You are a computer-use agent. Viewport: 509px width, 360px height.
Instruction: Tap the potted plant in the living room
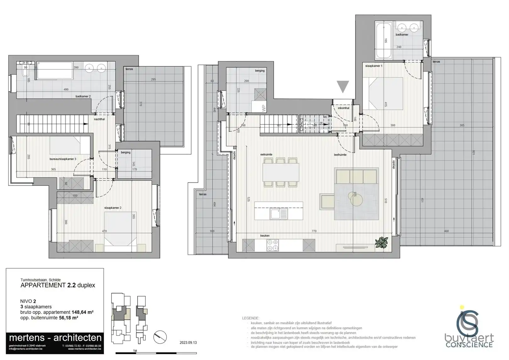coord(381,242)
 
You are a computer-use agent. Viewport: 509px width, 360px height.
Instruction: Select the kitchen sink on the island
coord(279,214)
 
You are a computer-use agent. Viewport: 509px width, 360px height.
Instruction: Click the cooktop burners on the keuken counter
coord(272,245)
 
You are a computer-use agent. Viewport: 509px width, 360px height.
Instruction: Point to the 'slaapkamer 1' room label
coord(374,66)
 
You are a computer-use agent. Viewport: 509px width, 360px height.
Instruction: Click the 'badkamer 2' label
coord(83,96)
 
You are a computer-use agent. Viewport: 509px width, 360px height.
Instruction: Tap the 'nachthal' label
coord(99,119)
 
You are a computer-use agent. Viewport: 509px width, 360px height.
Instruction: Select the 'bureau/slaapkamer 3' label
coord(63,159)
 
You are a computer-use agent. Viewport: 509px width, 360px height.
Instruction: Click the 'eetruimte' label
coord(266,155)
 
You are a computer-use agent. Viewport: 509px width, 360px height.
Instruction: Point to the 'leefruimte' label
coord(340,155)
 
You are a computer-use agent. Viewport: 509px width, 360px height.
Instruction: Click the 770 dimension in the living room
coord(314,231)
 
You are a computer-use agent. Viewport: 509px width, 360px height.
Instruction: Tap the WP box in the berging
coord(263,108)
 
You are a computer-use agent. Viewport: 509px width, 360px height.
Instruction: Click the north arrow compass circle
coord(160,337)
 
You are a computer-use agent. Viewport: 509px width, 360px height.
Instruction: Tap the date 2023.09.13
coord(188,343)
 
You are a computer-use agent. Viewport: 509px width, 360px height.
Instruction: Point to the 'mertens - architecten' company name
coord(55,338)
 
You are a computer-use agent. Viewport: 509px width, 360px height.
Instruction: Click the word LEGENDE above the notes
coord(251,318)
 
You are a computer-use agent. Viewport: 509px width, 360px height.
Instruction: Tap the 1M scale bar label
coord(135,351)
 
